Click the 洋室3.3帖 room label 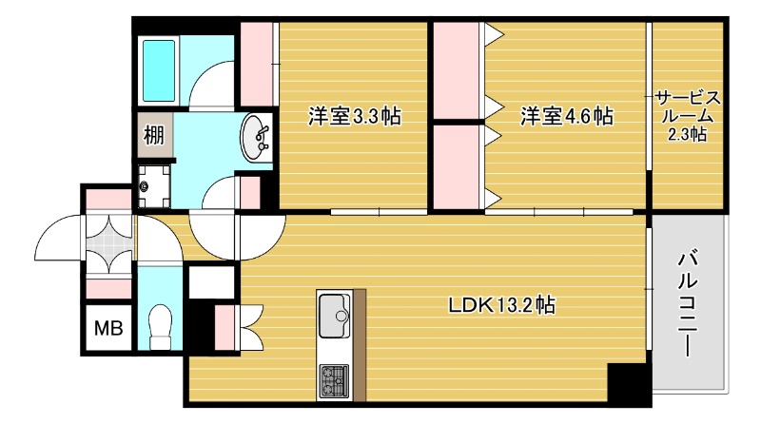coord(353,117)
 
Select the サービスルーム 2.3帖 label coord(687,116)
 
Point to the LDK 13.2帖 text coord(503,306)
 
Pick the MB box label coord(107,329)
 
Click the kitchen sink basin coord(334,315)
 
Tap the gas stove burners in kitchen coord(334,379)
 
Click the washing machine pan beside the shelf coord(154,184)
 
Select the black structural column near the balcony coord(628,383)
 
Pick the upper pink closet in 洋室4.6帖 coord(459,71)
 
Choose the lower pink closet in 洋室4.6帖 coord(459,165)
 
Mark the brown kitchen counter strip coord(359,342)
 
